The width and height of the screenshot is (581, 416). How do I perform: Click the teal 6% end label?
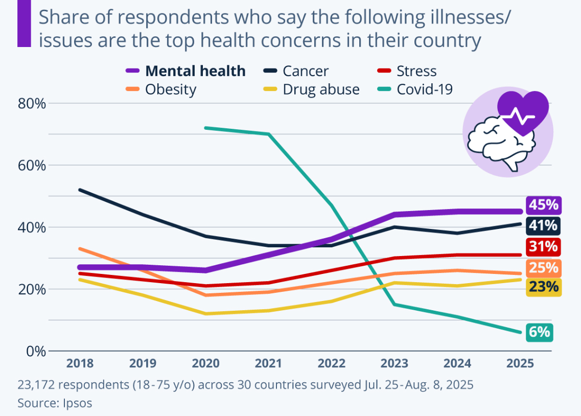coord(539,332)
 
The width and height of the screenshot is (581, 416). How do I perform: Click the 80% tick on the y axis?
coord(32,104)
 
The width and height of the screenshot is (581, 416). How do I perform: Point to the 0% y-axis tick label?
coord(36,351)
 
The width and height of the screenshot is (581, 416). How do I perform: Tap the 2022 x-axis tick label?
coord(331,363)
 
